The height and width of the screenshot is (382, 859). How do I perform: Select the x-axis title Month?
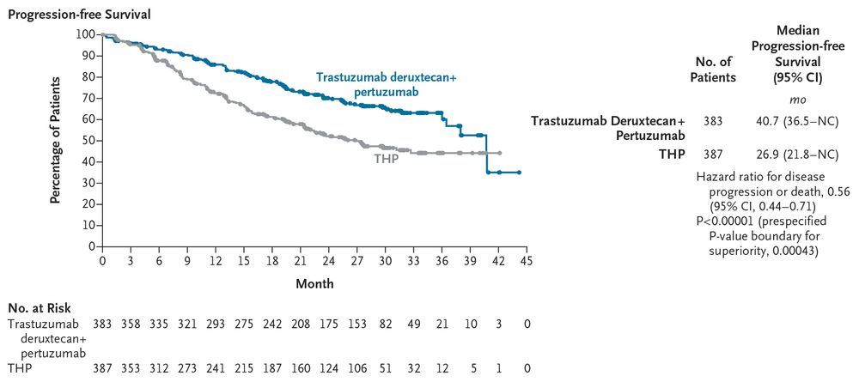(x=314, y=282)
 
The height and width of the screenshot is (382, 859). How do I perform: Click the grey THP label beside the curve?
(x=387, y=160)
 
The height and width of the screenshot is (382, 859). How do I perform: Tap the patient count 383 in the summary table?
(x=713, y=123)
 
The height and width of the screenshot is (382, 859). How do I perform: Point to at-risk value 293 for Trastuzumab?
(x=216, y=324)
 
